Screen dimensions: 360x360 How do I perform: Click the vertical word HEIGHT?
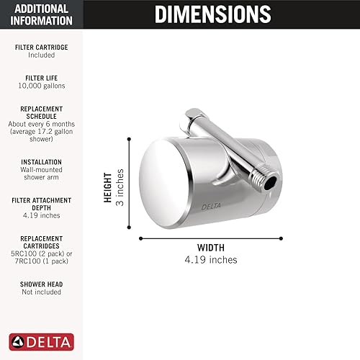(x=109, y=187)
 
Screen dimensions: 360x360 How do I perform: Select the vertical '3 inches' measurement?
(x=121, y=187)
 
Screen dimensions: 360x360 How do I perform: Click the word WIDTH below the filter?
(x=210, y=247)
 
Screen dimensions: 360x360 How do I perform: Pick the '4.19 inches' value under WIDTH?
(x=210, y=259)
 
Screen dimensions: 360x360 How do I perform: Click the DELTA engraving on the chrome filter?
(x=212, y=207)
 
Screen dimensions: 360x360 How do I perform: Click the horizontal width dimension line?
(x=210, y=237)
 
